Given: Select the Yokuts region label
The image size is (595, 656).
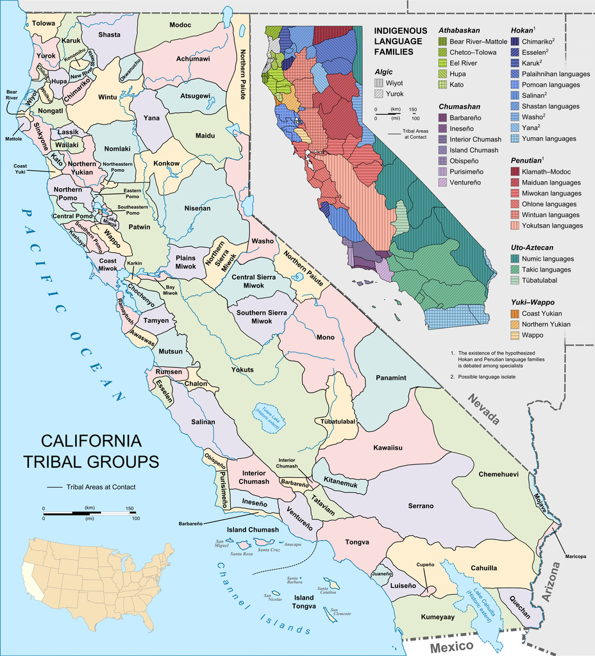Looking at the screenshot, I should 242,370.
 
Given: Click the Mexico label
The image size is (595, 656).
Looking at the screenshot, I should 451,646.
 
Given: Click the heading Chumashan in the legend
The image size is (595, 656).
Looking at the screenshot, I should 459,106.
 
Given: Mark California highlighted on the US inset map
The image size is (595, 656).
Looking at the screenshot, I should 32,580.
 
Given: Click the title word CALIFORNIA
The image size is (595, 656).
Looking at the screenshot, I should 91,441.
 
